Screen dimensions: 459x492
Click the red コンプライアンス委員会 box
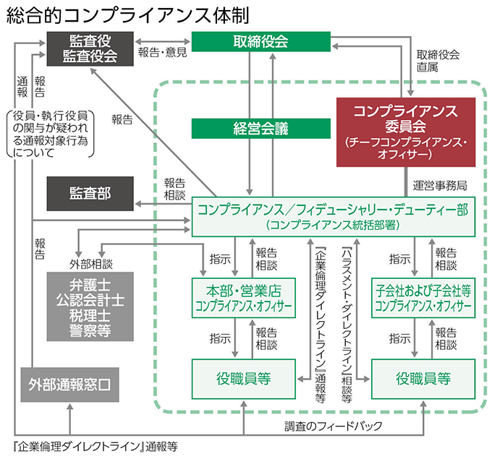pos(410,131)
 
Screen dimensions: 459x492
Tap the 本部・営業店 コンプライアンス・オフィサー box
pos(243,297)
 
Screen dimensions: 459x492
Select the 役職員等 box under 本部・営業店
pos(243,377)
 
